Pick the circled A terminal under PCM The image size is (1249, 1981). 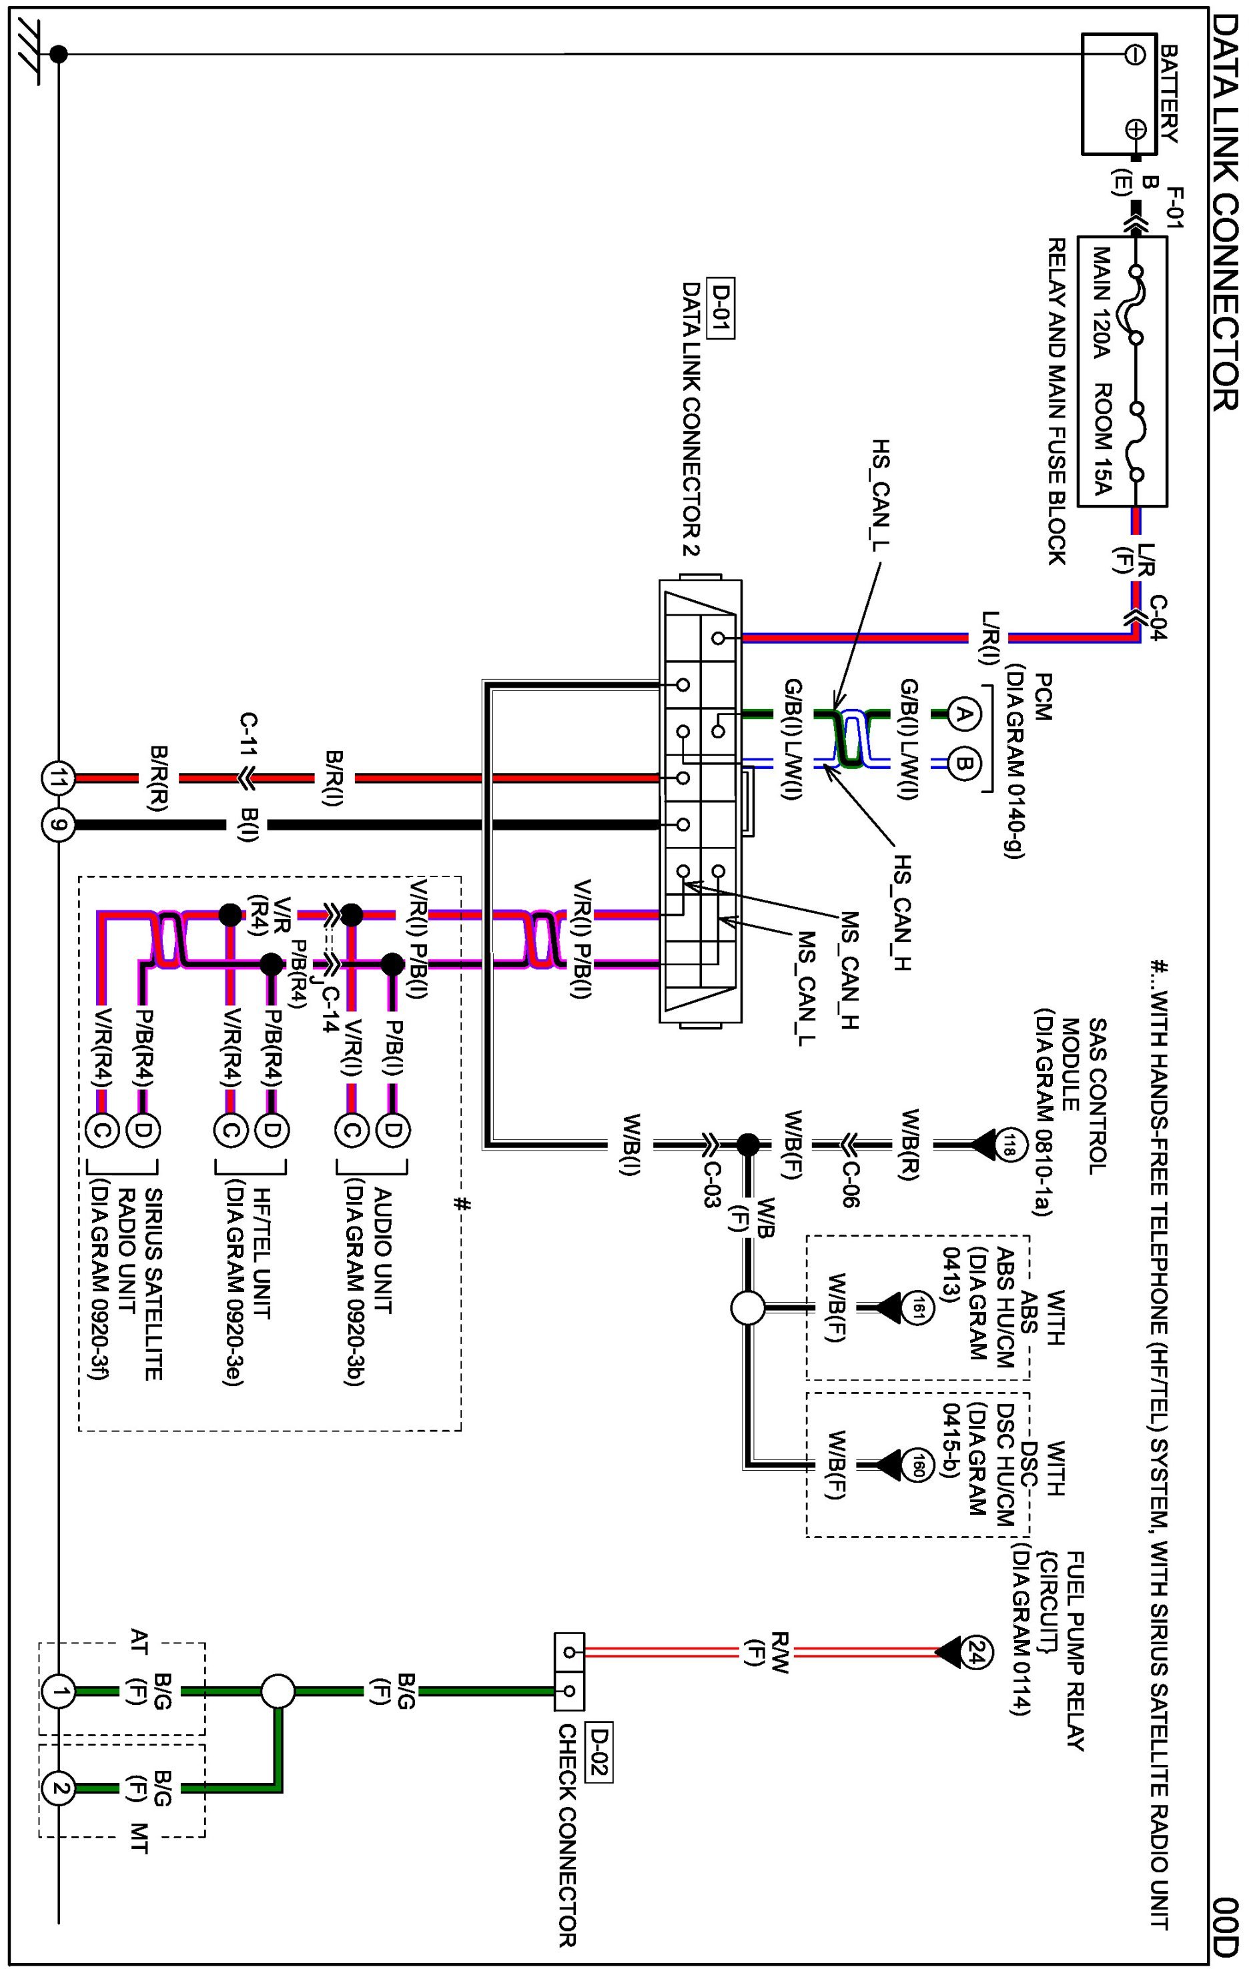[x=966, y=712]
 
